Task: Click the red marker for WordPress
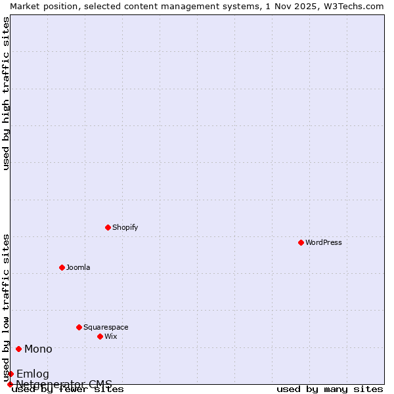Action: pyautogui.click(x=301, y=242)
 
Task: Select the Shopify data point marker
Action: pyautogui.click(x=108, y=227)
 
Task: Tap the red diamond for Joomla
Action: pyautogui.click(x=62, y=267)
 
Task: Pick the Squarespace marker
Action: pyautogui.click(x=79, y=327)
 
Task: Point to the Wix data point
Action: pyautogui.click(x=100, y=336)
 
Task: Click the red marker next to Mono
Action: pyautogui.click(x=18, y=349)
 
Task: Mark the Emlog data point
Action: pyautogui.click(x=11, y=374)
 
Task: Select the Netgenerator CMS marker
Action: pyautogui.click(x=10, y=384)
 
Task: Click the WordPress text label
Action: pyautogui.click(x=324, y=242)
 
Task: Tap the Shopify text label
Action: pyautogui.click(x=125, y=227)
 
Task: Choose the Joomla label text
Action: pyautogui.click(x=78, y=267)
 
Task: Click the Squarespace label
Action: pyautogui.click(x=106, y=327)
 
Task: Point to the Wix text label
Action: pyautogui.click(x=110, y=336)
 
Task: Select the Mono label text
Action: pyautogui.click(x=38, y=349)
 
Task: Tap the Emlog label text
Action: pyautogui.click(x=33, y=374)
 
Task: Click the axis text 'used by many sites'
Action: pyautogui.click(x=330, y=389)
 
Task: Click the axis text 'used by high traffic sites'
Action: pyautogui.click(x=6, y=93)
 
